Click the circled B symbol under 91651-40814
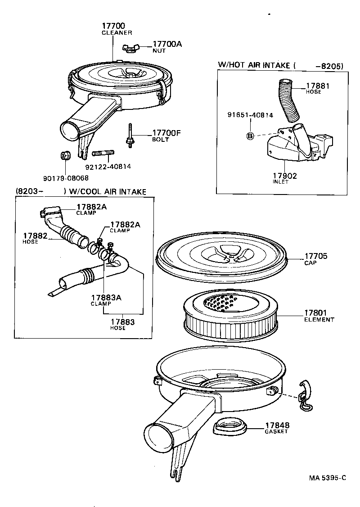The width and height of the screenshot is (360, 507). (x=251, y=136)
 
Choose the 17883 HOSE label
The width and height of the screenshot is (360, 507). (x=122, y=325)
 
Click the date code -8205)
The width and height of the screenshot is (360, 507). (x=329, y=65)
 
